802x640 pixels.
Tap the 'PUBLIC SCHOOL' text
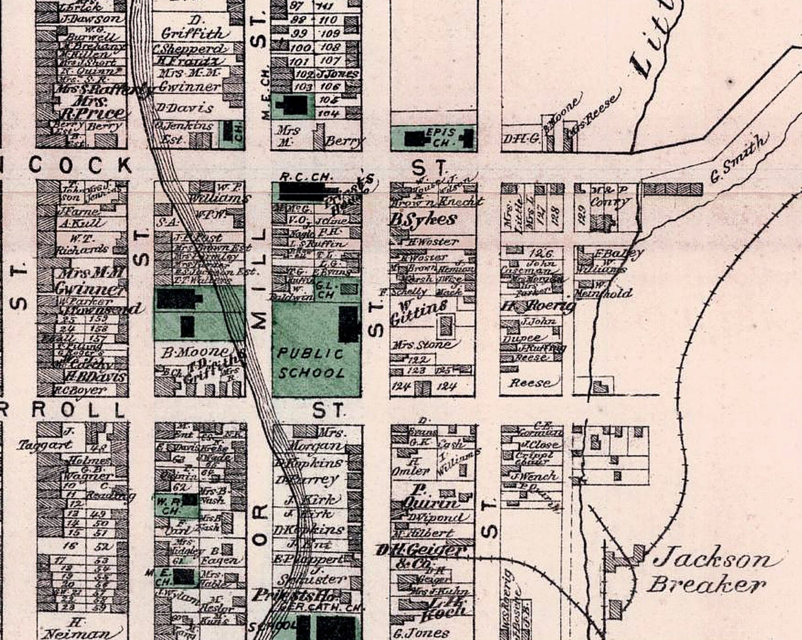[x=311, y=363]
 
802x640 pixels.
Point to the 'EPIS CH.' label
[x=440, y=137]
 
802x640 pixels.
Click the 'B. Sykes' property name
[x=423, y=219]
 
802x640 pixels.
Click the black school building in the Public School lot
[x=349, y=324]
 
